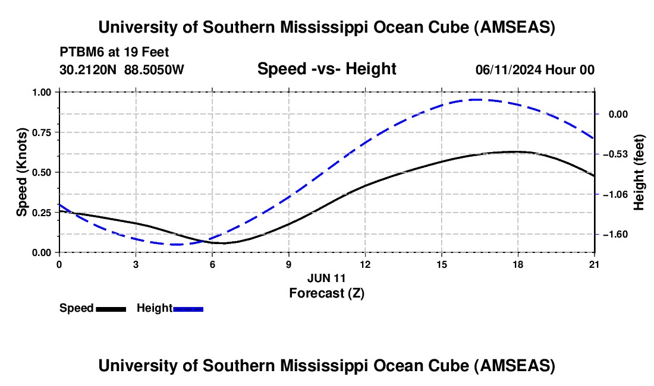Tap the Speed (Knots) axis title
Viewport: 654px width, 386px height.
[22, 172]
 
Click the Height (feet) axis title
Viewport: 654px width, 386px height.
[639, 172]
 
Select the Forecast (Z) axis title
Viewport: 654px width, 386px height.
[326, 293]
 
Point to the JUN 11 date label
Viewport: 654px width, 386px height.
[326, 278]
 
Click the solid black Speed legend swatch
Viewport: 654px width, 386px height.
[111, 309]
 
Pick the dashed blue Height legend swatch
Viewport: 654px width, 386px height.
[188, 309]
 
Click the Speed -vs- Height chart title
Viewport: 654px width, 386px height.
[326, 69]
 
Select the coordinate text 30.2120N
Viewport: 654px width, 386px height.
[89, 69]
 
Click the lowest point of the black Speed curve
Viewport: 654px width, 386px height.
[223, 243]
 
